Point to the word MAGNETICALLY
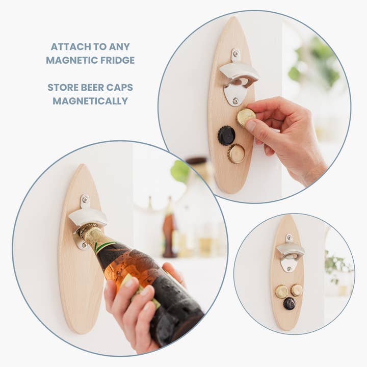click(x=90, y=101)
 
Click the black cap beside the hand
click(x=226, y=136)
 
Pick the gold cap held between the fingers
click(x=246, y=117)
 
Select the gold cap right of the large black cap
click(x=237, y=153)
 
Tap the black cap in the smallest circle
click(x=290, y=303)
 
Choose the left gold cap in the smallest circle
click(x=281, y=291)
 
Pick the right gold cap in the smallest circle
click(x=297, y=290)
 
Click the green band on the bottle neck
click(x=104, y=246)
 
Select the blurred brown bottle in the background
click(x=169, y=234)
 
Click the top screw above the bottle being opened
click(x=84, y=199)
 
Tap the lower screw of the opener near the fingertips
click(x=235, y=100)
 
